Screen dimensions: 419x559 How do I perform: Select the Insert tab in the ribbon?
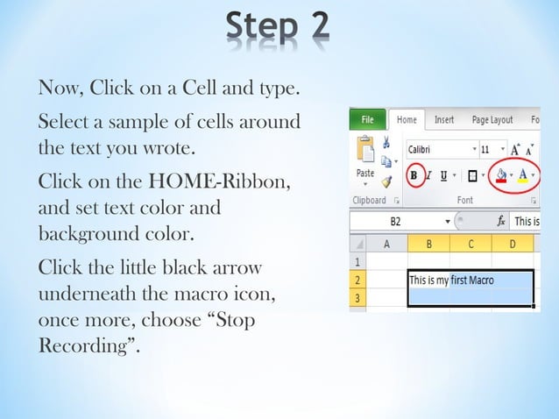click(x=444, y=120)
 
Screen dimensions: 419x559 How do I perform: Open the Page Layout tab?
click(x=492, y=120)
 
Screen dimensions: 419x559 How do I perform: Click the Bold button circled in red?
click(x=414, y=174)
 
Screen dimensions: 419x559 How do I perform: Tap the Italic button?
click(x=429, y=174)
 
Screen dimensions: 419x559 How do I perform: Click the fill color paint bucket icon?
click(x=501, y=174)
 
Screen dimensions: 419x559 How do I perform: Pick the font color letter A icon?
click(x=523, y=174)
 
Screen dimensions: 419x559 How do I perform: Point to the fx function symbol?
click(x=501, y=222)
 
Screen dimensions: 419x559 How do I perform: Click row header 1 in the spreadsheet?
click(x=357, y=261)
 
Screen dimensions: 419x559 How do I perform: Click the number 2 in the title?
click(x=312, y=25)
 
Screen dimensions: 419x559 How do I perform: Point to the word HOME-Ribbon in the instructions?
click(x=232, y=183)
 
